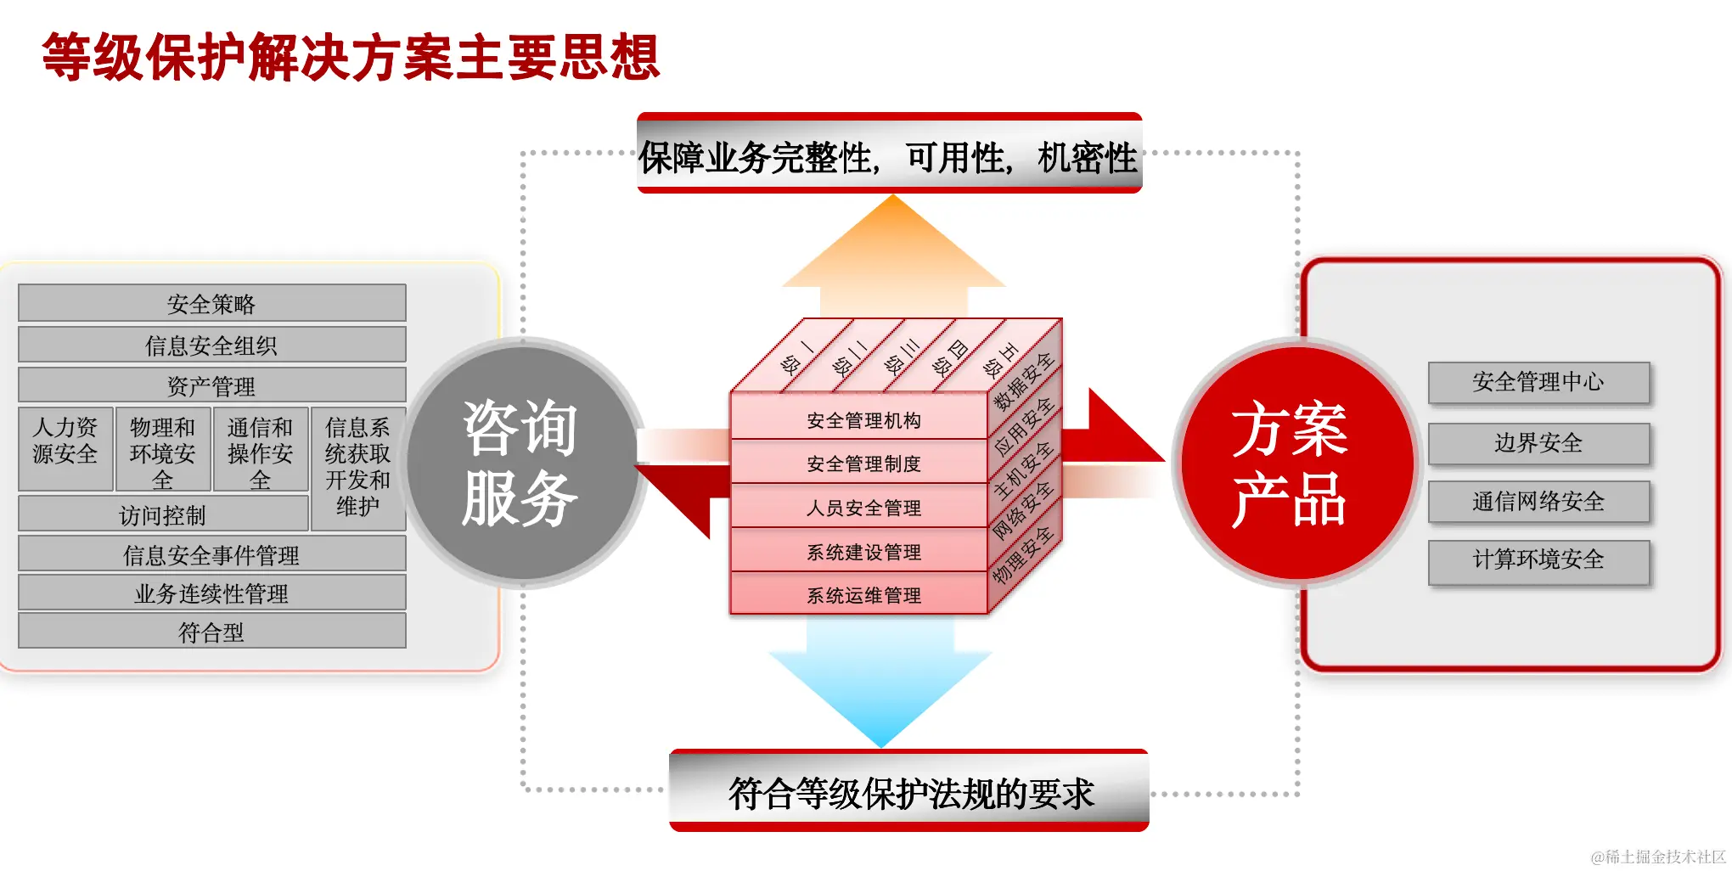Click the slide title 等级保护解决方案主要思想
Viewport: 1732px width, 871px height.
point(351,58)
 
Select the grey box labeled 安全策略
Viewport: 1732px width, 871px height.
point(211,303)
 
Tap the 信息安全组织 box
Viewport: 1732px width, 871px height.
point(211,345)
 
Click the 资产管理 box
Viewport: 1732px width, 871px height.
point(211,385)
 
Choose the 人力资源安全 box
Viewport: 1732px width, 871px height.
point(65,448)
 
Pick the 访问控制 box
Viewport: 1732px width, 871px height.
point(162,514)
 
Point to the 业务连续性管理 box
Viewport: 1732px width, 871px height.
point(211,593)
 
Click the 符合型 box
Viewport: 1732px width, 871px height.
point(211,632)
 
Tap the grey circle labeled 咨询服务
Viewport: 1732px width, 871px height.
point(521,463)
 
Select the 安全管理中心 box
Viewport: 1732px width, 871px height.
point(1538,382)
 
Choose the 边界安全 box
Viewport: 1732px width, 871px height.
point(1538,442)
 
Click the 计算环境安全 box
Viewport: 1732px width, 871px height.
point(1538,560)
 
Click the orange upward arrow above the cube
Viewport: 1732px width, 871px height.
point(893,255)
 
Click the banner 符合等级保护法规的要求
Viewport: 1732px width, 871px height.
point(909,792)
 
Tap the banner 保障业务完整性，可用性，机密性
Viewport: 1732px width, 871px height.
point(889,155)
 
